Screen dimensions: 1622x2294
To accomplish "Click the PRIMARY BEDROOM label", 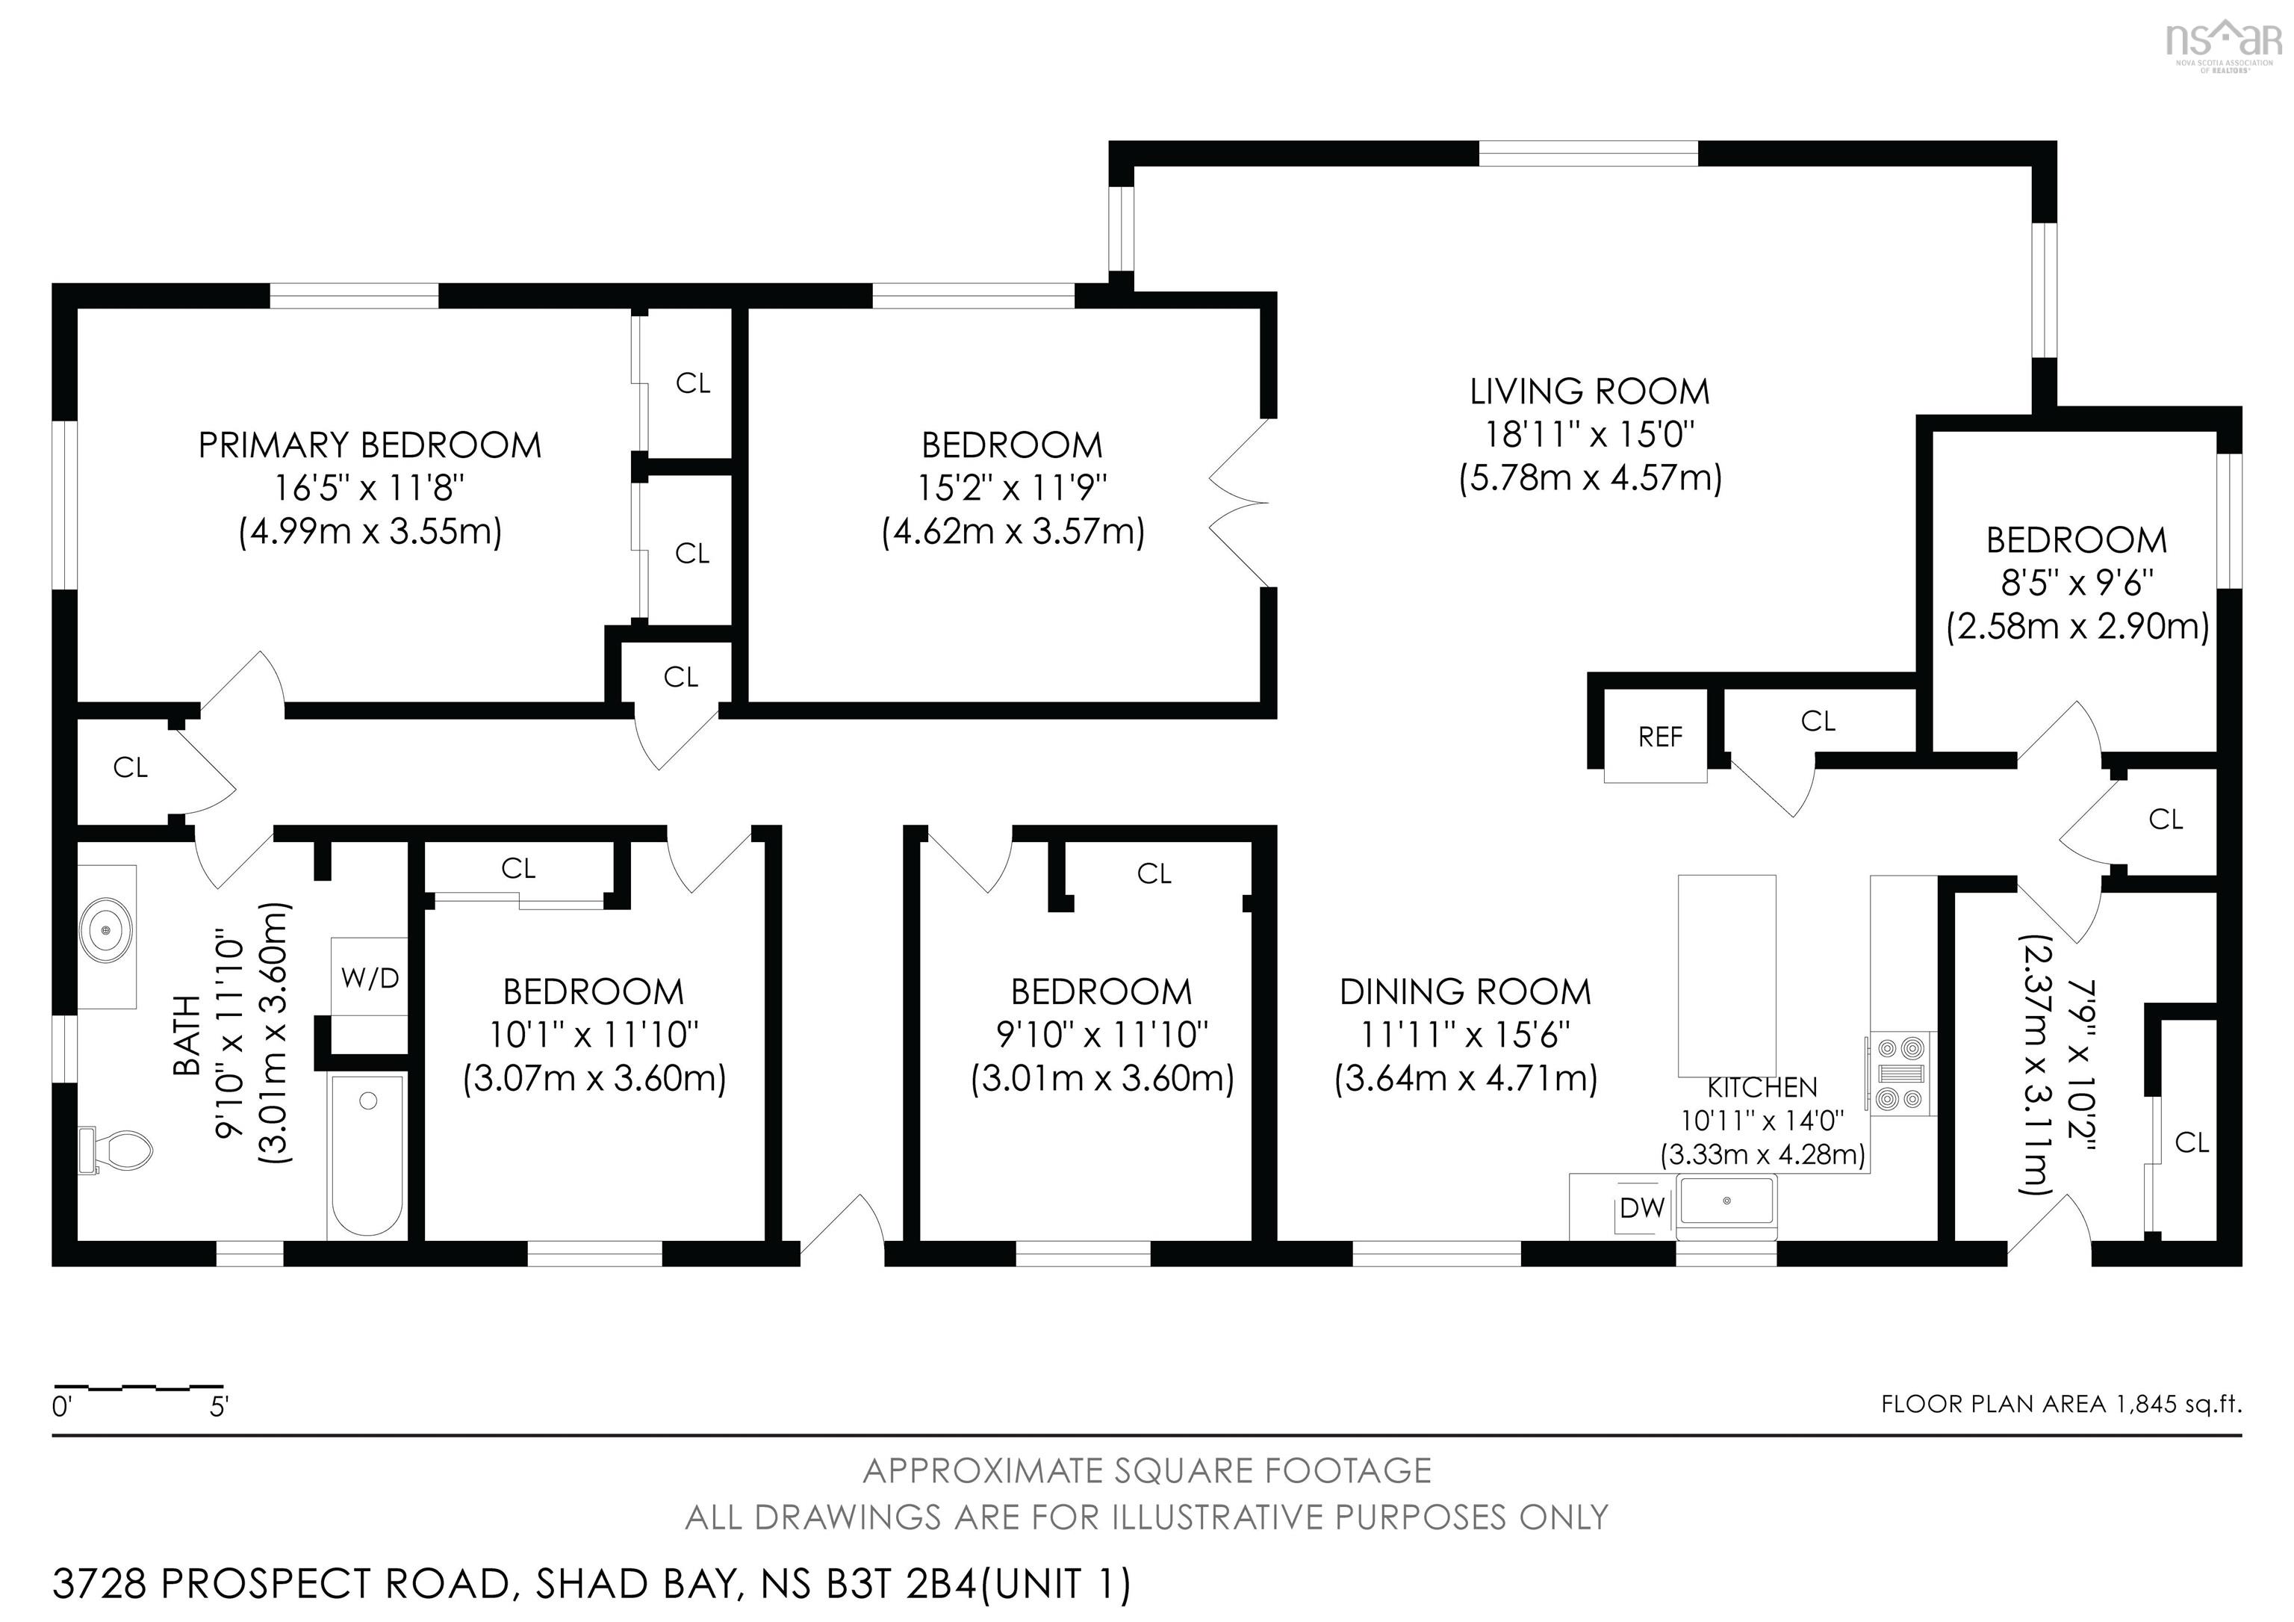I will coord(370,445).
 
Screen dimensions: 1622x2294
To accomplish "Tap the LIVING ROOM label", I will coord(1588,391).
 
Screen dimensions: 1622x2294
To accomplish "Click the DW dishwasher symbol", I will coord(1641,1208).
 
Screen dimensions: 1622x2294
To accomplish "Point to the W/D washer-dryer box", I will coord(369,977).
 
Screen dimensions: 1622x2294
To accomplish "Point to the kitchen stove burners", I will coord(1901,1074).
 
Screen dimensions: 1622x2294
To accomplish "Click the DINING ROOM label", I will coord(1464,991).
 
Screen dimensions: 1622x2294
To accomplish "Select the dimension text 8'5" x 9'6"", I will coord(2076,583).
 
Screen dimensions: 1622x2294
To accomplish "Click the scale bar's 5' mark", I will coord(219,1407).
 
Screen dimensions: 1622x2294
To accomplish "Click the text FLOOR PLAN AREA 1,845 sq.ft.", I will coord(2060,1404).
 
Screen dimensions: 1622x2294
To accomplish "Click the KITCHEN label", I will coord(1762,1087).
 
